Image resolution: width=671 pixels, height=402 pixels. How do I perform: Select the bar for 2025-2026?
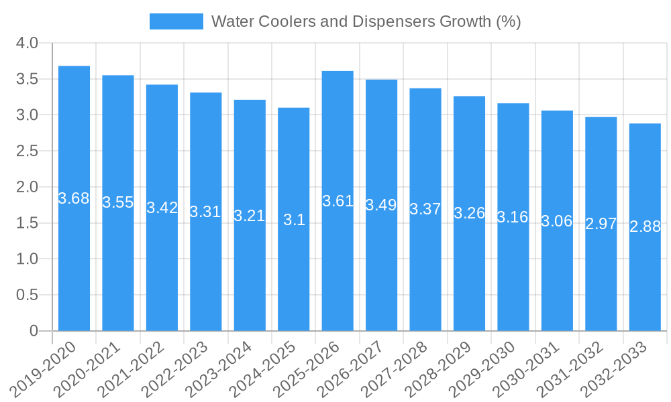[x=338, y=268]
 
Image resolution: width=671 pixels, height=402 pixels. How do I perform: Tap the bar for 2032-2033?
[x=645, y=281]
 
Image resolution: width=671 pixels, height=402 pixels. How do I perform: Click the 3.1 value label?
[x=294, y=220]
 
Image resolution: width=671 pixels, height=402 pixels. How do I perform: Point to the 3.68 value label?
[x=74, y=198]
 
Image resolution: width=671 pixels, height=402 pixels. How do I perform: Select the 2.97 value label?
[x=601, y=224]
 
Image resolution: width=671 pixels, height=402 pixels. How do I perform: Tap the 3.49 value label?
[x=381, y=205]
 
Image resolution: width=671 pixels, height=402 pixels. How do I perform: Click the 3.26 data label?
[x=469, y=213]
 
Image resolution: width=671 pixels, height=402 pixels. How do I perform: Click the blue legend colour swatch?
[x=176, y=21]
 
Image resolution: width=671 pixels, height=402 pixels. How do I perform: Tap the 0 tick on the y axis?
[x=34, y=331]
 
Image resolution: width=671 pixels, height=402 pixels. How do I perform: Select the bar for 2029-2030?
[x=513, y=268]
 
